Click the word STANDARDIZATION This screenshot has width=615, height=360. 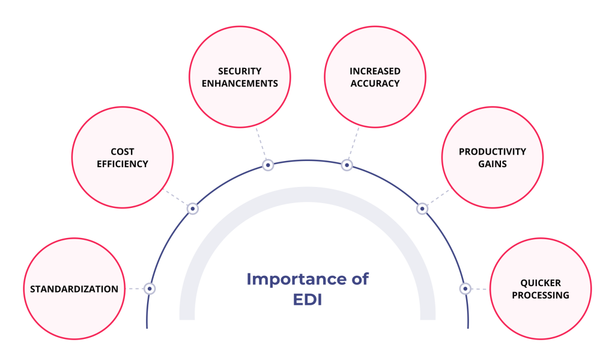[x=74, y=289]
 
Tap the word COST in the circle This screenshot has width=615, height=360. [x=123, y=152]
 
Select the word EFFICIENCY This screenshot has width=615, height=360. [x=123, y=163]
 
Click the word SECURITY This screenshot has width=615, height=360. [x=240, y=72]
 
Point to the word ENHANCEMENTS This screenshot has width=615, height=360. [x=240, y=83]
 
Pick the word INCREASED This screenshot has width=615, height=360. [x=375, y=72]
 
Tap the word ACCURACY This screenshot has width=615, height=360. [x=375, y=83]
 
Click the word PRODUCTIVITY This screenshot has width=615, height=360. [x=492, y=152]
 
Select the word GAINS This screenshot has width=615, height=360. [x=492, y=163]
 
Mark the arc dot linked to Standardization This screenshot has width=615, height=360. [x=150, y=288]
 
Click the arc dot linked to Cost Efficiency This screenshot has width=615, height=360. [x=192, y=209]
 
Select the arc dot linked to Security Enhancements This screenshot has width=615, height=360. [x=268, y=165]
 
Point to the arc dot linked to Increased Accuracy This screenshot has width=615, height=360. [x=347, y=165]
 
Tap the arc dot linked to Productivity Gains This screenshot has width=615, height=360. [x=422, y=209]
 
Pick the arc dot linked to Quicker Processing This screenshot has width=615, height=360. [x=465, y=288]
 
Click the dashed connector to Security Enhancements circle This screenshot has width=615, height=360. [x=261, y=144]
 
